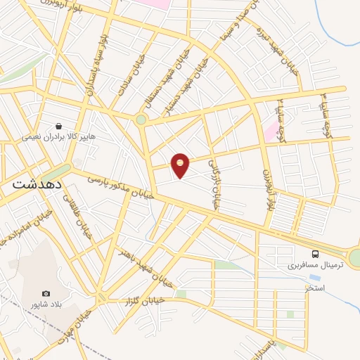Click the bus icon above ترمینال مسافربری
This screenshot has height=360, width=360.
click(x=316, y=255)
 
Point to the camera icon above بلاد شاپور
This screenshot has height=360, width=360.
click(x=46, y=293)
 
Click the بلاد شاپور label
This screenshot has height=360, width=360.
click(x=45, y=305)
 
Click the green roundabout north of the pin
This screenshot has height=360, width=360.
click(x=141, y=120)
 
